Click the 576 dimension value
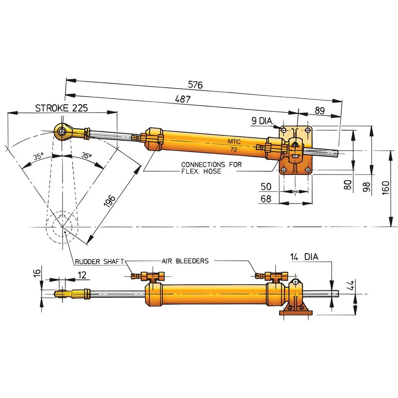195,85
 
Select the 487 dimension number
182,99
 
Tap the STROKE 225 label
62,108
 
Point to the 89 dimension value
319,110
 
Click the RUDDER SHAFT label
99,262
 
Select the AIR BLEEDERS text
185,261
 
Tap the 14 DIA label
304,257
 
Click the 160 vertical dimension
385,187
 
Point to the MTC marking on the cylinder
234,142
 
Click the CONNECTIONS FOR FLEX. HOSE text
211,168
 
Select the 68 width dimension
266,199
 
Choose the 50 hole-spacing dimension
266,186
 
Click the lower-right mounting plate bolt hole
308,170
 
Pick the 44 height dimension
352,285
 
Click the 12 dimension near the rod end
82,275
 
